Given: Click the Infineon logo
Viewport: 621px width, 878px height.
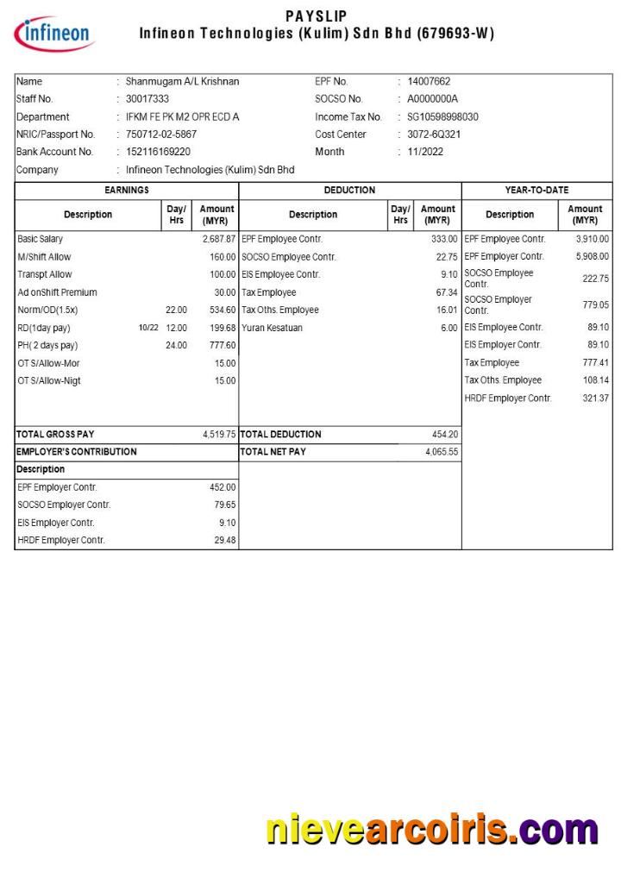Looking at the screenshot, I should (53, 34).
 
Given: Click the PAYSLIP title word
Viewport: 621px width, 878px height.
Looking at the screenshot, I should (317, 16).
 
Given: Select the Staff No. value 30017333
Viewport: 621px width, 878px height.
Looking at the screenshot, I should (147, 99).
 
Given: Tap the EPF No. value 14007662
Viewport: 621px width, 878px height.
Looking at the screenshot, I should (429, 81).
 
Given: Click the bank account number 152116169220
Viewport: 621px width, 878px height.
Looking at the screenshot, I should (158, 152).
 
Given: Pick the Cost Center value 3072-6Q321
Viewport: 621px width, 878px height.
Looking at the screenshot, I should (434, 135).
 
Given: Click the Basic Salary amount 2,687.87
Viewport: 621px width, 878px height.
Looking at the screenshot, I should (219, 239).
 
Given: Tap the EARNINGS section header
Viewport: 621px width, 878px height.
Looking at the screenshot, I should (127, 190).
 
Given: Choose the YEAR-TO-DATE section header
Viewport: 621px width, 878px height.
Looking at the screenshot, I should (536, 190).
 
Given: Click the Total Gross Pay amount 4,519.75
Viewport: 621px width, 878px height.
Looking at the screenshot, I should (219, 435).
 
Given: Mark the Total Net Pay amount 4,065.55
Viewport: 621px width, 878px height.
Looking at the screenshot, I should (442, 452).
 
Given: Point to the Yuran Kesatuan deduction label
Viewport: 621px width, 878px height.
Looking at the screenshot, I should (272, 328).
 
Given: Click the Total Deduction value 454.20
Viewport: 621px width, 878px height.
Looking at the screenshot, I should (445, 435).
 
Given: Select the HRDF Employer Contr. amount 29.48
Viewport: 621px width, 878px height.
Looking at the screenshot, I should (224, 541).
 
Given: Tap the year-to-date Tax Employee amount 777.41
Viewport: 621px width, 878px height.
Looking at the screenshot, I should (595, 363).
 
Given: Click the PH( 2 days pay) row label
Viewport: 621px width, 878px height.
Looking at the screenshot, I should (47, 346).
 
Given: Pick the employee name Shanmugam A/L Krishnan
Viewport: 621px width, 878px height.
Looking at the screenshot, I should (182, 81).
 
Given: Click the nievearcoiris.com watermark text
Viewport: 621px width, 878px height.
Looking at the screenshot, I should (431, 830).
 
